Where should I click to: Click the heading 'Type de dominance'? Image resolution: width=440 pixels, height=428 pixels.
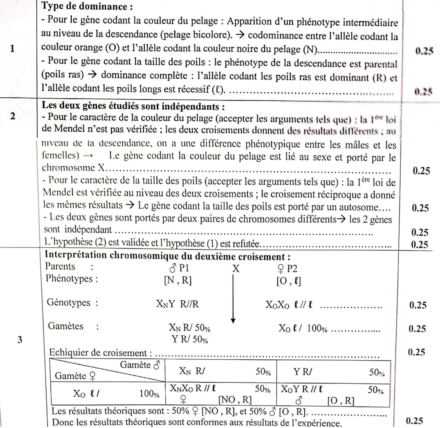[87, 6]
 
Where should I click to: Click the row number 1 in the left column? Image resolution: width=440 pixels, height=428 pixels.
[12, 48]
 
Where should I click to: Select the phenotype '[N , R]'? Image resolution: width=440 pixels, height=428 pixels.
[177, 281]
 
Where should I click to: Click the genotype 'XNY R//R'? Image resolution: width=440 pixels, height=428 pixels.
[177, 304]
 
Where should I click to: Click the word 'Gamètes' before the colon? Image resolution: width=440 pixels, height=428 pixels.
[66, 326]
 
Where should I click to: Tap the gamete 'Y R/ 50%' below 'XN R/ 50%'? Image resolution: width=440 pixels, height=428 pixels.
[190, 339]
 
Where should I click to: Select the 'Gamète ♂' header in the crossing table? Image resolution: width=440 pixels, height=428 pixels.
[140, 365]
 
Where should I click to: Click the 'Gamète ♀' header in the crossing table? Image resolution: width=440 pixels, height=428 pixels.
[75, 376]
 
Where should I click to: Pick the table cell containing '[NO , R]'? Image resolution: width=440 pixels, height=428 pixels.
[220, 395]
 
